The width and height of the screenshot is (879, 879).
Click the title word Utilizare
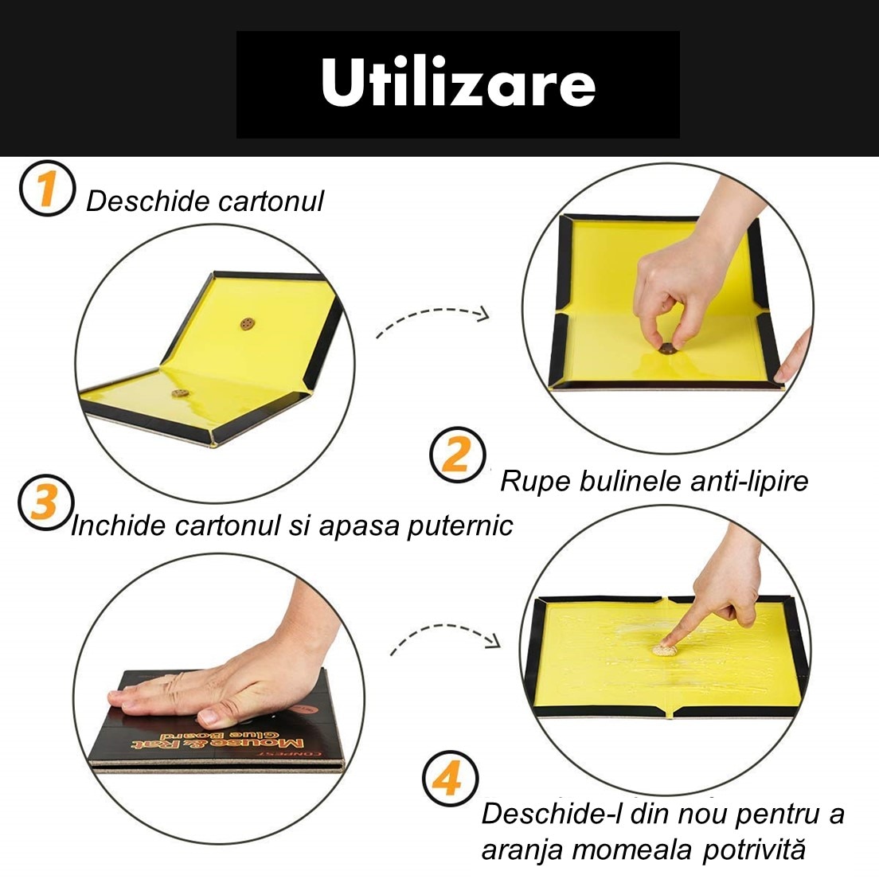458,83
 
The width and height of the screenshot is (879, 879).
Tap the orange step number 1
46,189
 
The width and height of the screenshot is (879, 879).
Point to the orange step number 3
45,502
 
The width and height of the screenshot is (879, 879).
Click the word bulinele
630,481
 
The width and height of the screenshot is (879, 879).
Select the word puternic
459,526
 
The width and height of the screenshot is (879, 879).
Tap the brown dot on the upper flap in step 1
247,323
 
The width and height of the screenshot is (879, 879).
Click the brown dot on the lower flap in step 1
180,393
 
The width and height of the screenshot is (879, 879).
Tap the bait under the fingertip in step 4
665,650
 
